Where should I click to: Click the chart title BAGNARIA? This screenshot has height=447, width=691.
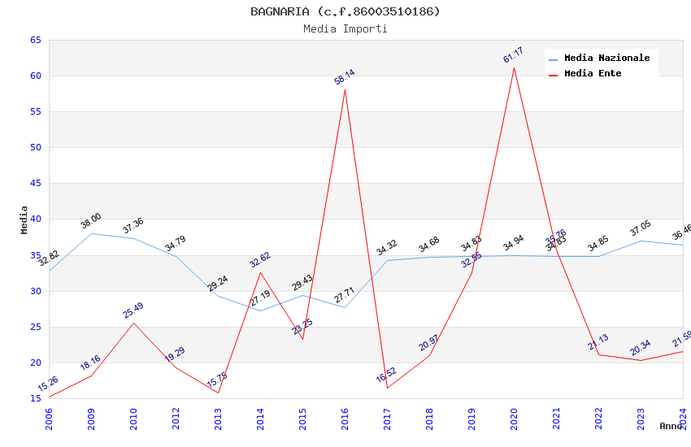point(345,11)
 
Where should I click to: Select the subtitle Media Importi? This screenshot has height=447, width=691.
point(345,29)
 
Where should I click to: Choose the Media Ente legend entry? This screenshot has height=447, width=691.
point(593,74)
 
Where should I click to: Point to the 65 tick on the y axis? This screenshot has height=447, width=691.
point(35,40)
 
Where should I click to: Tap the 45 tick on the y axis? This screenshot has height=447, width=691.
point(35,184)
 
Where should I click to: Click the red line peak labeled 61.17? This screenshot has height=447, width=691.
point(514,67)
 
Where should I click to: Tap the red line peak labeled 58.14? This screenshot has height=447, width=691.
point(345,89)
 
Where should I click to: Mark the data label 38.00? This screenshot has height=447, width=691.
point(91,221)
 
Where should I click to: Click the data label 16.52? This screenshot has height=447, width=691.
point(386,375)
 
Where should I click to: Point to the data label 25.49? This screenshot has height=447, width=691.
point(133,310)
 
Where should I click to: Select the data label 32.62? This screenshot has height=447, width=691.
point(260,260)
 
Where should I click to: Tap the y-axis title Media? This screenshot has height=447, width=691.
point(24,219)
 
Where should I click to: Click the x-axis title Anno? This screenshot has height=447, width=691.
point(671,426)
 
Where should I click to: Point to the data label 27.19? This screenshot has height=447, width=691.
point(260,298)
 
